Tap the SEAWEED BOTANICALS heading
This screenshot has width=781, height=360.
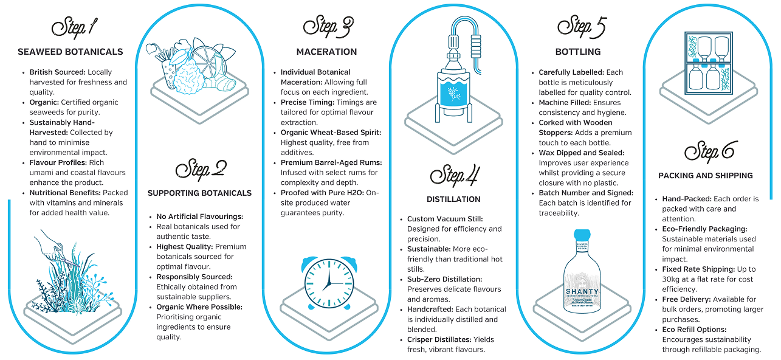(x=71, y=52)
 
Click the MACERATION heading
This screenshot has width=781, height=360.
(x=326, y=52)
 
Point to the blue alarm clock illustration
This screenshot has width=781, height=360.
(x=327, y=283)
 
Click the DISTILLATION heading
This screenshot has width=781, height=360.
(x=453, y=199)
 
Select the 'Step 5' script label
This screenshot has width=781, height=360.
(x=582, y=27)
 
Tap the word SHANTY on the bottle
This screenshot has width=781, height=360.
(x=582, y=291)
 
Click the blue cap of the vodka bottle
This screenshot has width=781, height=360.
(x=582, y=234)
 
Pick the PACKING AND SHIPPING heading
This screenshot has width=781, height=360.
(x=706, y=176)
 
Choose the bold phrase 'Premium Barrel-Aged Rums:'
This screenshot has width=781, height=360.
(x=331, y=162)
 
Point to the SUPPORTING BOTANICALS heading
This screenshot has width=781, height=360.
(x=199, y=193)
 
